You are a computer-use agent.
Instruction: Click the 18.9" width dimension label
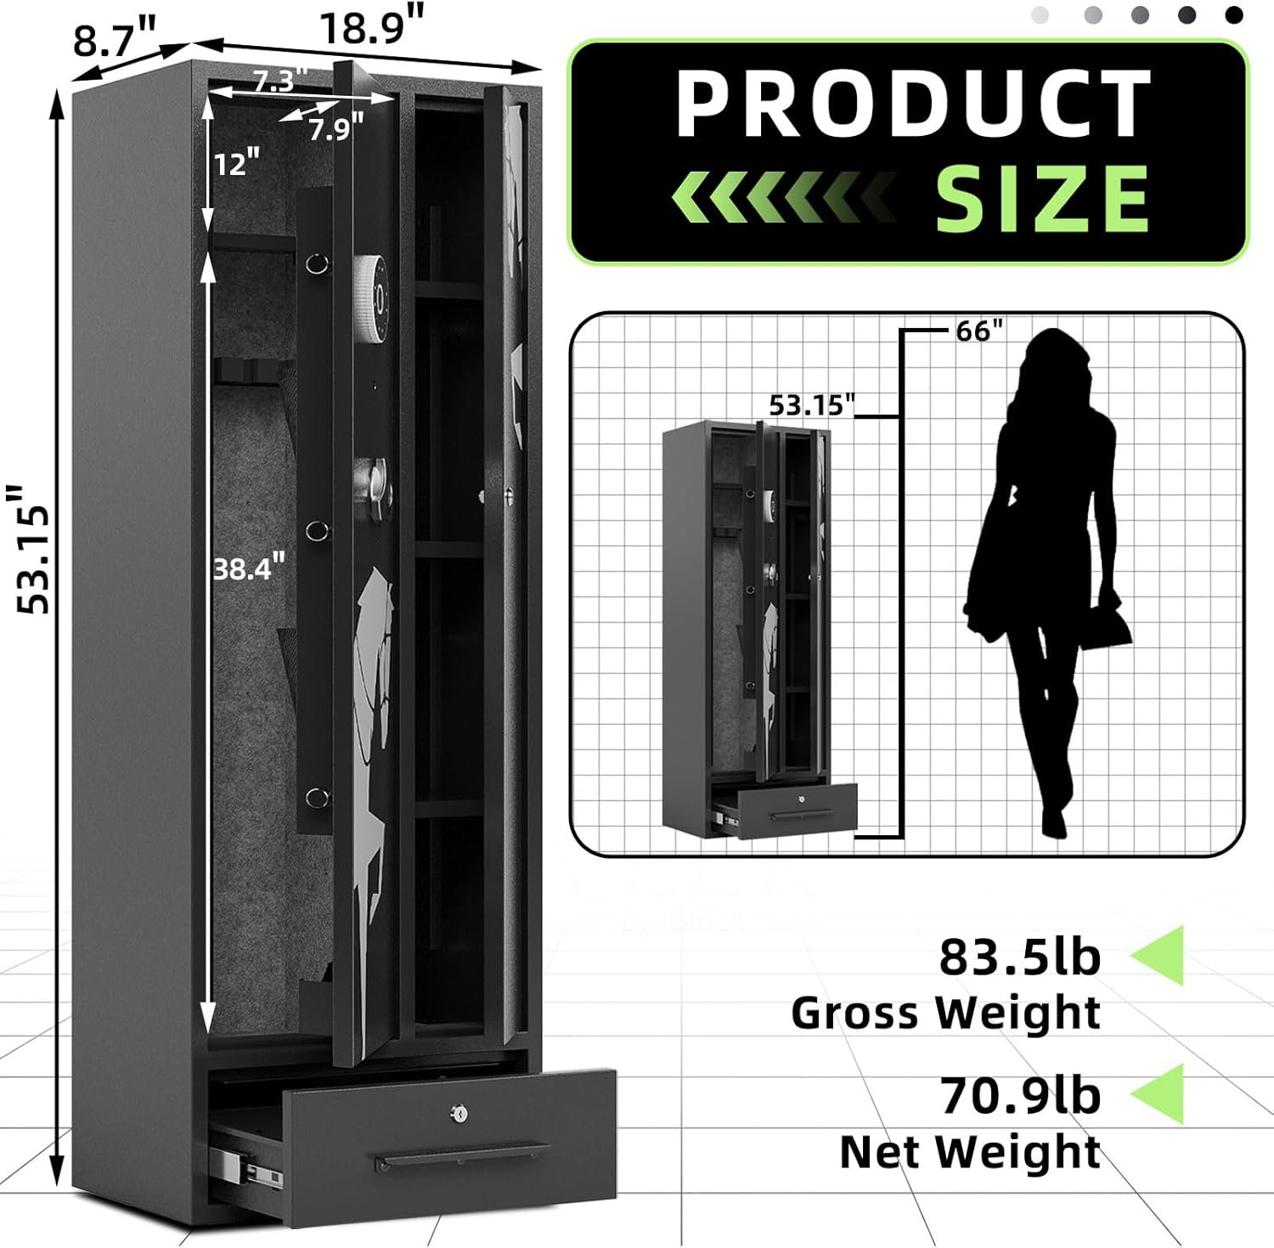[x=371, y=29]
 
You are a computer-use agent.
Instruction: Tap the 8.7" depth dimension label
[x=116, y=40]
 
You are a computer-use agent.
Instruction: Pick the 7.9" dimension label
[x=335, y=129]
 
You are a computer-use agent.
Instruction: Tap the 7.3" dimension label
[x=274, y=81]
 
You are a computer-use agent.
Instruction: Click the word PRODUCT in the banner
[x=913, y=104]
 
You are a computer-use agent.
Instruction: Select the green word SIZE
[x=1042, y=199]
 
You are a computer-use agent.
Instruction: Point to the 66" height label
[x=979, y=330]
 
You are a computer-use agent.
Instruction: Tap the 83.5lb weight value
[x=1019, y=957]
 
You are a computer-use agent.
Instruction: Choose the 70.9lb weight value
[x=1020, y=1095]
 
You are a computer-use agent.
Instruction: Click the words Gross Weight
[x=945, y=1013]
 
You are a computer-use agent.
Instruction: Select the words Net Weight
[x=969, y=1152]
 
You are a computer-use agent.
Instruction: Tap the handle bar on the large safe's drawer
[x=463, y=1156]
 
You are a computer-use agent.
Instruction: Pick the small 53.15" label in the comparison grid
[x=810, y=405]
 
